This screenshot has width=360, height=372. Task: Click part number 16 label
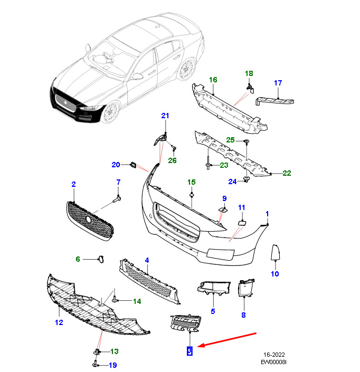click(x=213, y=80)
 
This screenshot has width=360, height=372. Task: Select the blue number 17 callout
click(x=278, y=83)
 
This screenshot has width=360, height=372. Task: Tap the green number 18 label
click(x=249, y=73)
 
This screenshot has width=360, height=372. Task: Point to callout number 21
click(x=165, y=116)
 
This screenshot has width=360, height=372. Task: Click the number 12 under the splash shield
click(x=59, y=321)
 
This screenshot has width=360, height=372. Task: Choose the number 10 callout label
click(x=274, y=274)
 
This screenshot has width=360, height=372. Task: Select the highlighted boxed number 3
click(x=190, y=350)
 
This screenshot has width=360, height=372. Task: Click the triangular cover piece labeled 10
click(x=274, y=253)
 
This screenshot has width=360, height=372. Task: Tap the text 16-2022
click(x=274, y=355)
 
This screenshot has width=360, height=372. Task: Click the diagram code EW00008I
click(x=273, y=363)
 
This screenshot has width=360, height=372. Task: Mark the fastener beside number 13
click(x=98, y=351)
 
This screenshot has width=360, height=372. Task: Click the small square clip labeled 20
click(x=133, y=165)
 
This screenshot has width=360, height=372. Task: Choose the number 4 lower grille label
click(x=147, y=260)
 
